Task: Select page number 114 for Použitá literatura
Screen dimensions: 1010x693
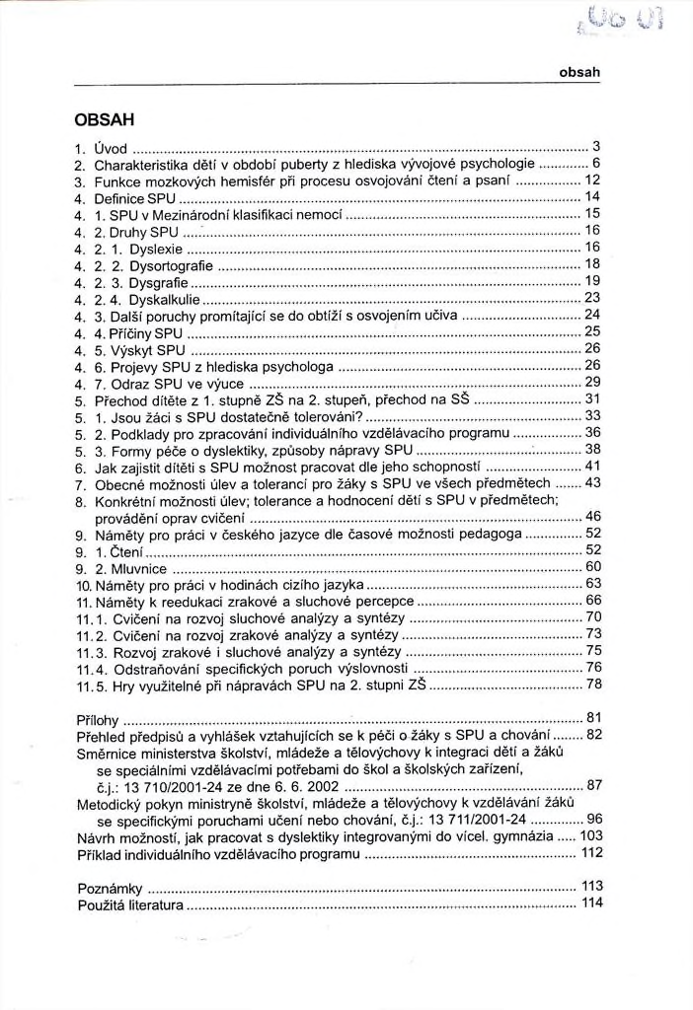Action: click(x=592, y=903)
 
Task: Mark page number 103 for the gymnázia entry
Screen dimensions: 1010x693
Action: click(x=592, y=835)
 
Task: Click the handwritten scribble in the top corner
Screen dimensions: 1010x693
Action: click(x=645, y=18)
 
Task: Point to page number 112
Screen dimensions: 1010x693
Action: click(x=592, y=852)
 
